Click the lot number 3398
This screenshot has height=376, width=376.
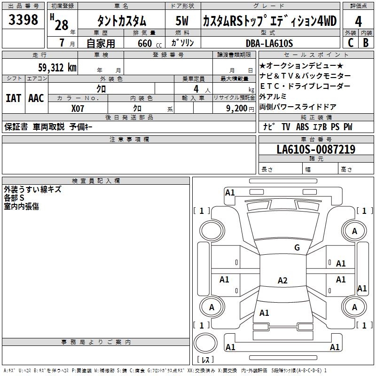tap(23, 20)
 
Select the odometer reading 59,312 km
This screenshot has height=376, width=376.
tap(57, 68)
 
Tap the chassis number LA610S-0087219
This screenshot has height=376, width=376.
tap(316, 150)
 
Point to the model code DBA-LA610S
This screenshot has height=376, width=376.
tap(269, 43)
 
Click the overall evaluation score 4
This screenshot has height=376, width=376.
tap(359, 21)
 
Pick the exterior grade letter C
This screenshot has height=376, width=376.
tap(351, 43)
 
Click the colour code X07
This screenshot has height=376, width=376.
tap(78, 108)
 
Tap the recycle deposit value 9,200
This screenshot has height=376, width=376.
tap(236, 108)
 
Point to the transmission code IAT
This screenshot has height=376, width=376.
tap(13, 98)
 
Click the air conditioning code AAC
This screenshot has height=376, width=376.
tap(36, 98)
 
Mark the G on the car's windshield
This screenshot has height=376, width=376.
tap(297, 248)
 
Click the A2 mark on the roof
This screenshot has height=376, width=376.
tap(282, 281)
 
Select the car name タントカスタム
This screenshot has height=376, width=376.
tap(121, 21)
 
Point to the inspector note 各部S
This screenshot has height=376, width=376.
tap(14, 198)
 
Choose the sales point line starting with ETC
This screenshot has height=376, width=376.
tap(305, 86)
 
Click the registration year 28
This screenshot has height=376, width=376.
tap(62, 25)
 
